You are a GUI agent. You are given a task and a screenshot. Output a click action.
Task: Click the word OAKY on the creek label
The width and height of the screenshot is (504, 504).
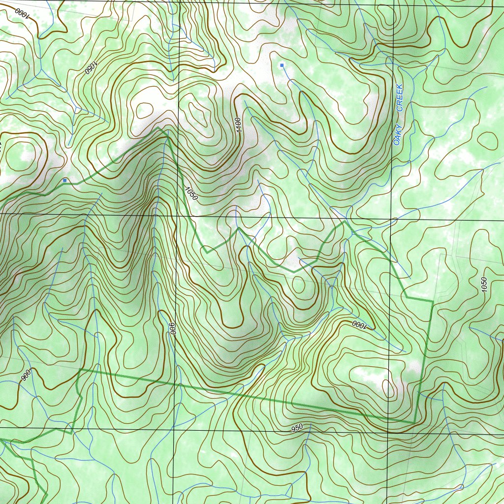398,134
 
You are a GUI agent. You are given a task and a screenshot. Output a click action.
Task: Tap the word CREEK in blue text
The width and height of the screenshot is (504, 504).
400,97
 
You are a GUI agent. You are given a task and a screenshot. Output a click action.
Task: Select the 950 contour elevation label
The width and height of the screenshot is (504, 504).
296,427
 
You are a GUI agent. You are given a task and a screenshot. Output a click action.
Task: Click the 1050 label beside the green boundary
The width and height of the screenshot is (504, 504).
191,193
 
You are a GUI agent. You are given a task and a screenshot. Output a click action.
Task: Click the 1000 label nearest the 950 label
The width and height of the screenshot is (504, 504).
359,325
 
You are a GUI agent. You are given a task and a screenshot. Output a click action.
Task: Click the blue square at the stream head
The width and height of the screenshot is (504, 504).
282,65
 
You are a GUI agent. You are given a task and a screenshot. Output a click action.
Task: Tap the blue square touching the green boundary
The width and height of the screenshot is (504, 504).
65,181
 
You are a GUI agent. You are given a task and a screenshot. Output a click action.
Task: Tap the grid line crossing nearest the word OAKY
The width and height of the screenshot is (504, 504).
392,218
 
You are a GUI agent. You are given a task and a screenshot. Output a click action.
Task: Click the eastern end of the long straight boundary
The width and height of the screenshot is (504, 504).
414,422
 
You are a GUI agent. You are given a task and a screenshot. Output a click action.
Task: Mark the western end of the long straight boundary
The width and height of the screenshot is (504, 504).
80,369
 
